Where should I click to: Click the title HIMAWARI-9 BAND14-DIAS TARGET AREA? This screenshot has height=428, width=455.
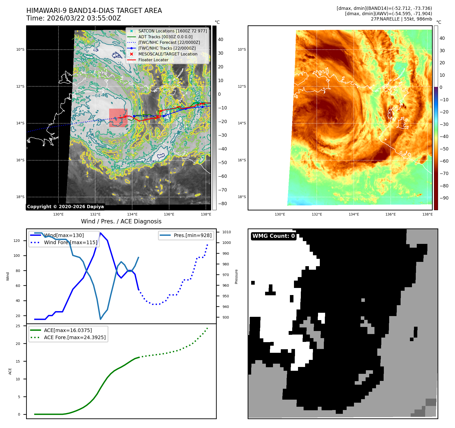94,11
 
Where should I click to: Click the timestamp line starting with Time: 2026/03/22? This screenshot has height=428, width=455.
73,18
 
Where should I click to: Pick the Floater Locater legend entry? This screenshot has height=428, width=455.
153,60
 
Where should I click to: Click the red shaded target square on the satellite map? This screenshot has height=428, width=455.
118,118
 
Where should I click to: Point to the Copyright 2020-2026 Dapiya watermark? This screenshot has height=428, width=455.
65,207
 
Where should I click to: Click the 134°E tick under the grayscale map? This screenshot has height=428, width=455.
132,214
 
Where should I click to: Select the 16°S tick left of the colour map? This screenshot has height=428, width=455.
242,160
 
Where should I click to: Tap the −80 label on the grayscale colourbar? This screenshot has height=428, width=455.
222,204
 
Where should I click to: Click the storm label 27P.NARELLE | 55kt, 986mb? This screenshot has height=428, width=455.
401,19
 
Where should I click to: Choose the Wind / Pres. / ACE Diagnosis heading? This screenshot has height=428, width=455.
121,221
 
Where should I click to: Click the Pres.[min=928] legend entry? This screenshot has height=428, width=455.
192,235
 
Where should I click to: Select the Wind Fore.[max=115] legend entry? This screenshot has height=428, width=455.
70,242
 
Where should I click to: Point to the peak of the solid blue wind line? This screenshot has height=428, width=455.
101,233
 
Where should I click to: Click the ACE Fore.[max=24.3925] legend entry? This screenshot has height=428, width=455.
75,337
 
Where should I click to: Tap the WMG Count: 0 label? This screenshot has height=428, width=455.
273,236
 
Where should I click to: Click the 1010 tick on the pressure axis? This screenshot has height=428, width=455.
226,232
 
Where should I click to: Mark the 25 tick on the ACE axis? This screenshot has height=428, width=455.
18,326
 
